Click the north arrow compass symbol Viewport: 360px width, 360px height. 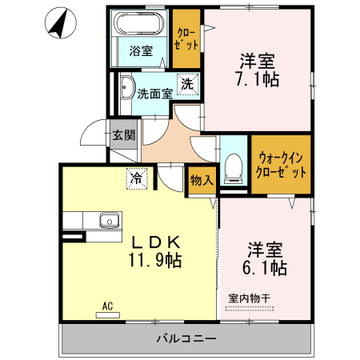tap(57, 24)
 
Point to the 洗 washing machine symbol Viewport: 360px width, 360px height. tap(186, 84)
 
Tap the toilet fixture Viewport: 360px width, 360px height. tap(234, 166)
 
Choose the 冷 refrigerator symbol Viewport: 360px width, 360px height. tap(138, 178)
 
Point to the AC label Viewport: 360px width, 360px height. tap(107, 305)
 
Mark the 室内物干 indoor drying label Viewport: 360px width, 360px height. tap(250, 298)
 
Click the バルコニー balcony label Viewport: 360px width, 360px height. tap(186, 338)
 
